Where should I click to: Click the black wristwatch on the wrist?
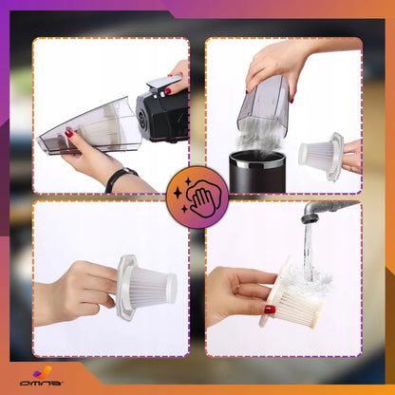[121, 179]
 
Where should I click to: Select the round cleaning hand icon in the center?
[197, 197]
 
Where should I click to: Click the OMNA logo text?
[41, 383]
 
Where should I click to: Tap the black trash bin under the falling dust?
[257, 172]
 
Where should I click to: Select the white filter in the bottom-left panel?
[146, 288]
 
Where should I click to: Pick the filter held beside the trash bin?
[321, 156]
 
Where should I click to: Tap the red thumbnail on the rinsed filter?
[270, 310]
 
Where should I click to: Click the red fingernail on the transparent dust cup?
[69, 134]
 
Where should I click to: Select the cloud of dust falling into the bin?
[258, 140]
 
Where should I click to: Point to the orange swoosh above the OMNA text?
[43, 372]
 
